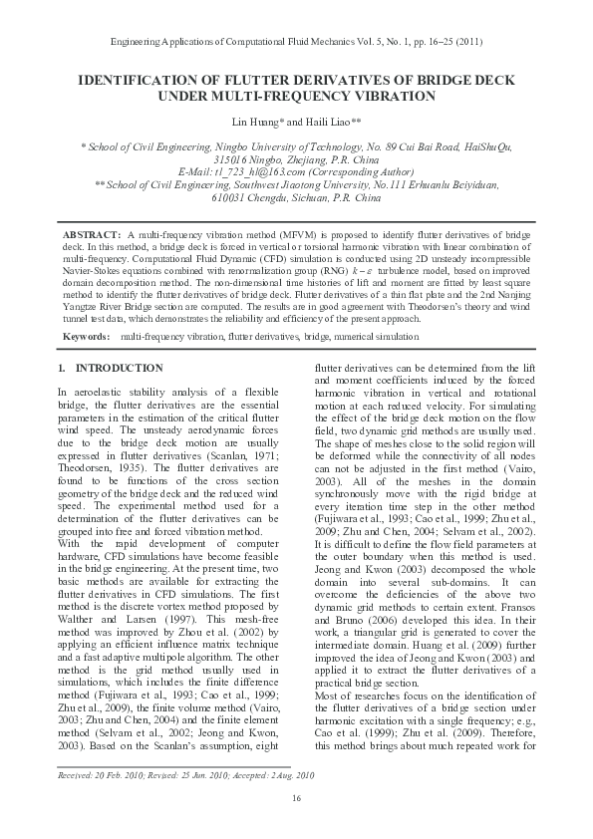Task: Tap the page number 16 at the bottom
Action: (x=296, y=799)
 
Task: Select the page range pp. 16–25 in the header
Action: (x=424, y=44)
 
